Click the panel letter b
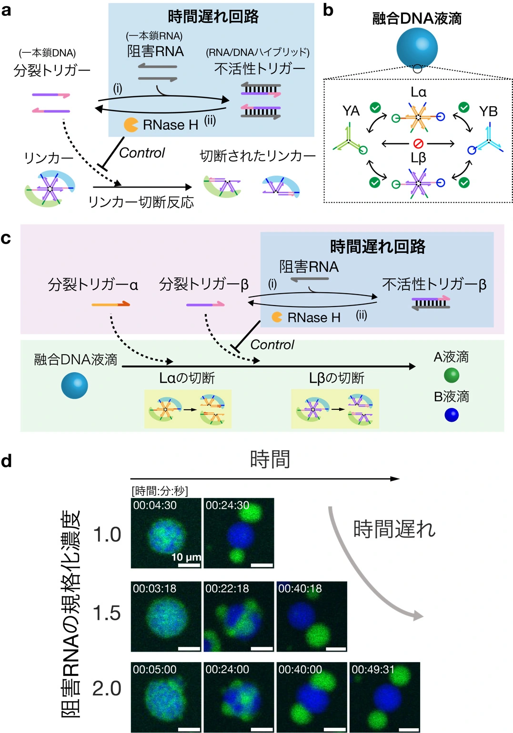coord(328,10)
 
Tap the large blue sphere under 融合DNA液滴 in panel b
coord(417,48)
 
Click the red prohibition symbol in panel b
coord(418,143)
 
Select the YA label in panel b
coord(351,111)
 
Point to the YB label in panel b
coord(488,111)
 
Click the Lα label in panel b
coord(418,92)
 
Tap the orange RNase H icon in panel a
coord(131,125)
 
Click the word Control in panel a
coord(141,153)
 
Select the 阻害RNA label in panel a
coord(155,51)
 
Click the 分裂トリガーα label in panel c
coord(93,285)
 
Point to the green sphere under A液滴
coord(451,376)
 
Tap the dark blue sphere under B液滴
coord(451,415)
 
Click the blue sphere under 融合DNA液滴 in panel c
coord(75,385)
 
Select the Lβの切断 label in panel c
coord(336,378)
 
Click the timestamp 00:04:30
coord(155,505)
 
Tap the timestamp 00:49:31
coord(373,670)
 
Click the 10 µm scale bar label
coord(186,557)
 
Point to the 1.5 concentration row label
coord(107,614)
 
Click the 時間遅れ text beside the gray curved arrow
coord(394,529)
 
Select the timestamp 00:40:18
coord(300,589)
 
